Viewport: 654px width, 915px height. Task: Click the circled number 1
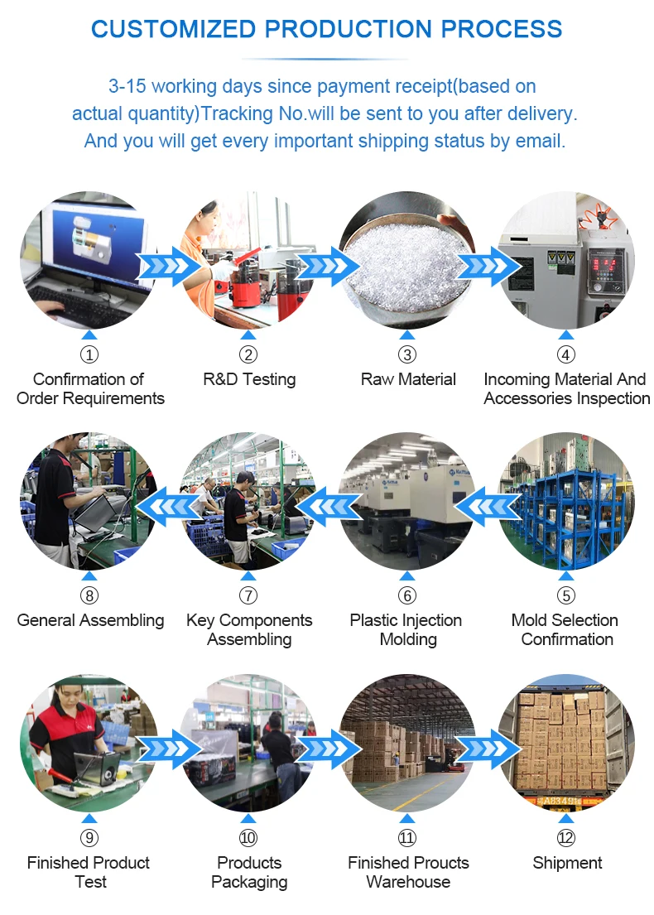click(x=89, y=355)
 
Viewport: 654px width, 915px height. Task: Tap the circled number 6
click(x=406, y=595)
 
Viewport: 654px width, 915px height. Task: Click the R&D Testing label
click(x=249, y=379)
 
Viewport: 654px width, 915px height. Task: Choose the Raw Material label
click(x=408, y=379)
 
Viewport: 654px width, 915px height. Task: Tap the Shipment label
click(x=567, y=863)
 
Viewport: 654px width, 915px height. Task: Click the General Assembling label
click(x=90, y=620)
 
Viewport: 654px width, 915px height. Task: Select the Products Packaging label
click(x=249, y=872)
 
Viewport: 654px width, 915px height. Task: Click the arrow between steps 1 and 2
click(x=168, y=266)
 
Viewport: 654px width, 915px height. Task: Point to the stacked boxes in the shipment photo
click(x=563, y=741)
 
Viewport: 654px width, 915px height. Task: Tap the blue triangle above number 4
click(x=566, y=335)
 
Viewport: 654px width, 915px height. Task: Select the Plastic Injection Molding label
click(x=406, y=629)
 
